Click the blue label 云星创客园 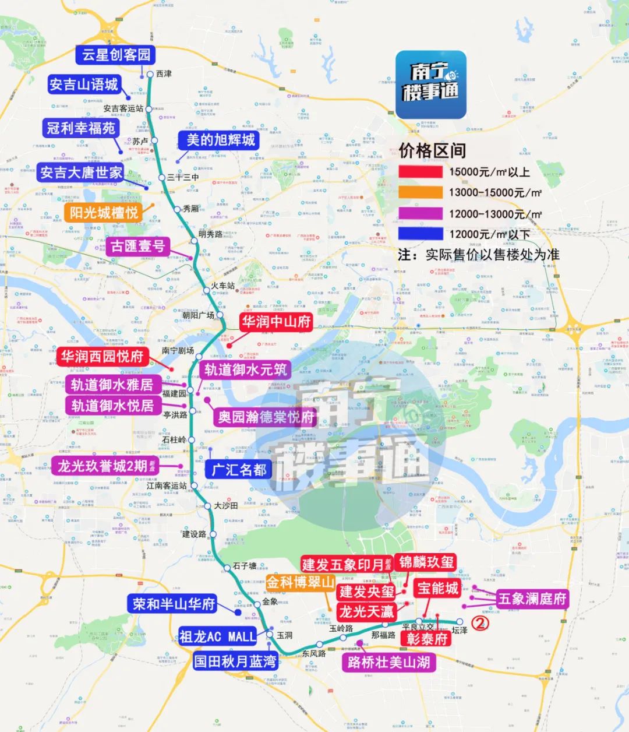tap(116, 55)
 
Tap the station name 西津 tap(164, 74)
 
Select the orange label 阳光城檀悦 tap(104, 213)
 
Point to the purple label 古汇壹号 tap(137, 246)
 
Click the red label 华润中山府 tap(277, 321)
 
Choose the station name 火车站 tap(222, 286)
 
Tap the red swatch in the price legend tap(420, 172)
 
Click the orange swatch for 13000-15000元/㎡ tap(420, 192)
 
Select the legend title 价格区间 tap(432, 150)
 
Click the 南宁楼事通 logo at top tap(430, 85)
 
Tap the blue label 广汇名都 tap(239, 469)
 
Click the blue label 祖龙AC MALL tap(217, 636)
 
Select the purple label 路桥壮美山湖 tap(388, 662)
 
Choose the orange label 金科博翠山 tap(301, 582)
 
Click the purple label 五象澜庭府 tap(532, 599)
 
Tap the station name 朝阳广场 tap(198, 315)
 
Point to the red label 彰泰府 tap(427, 639)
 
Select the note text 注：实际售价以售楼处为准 tap(479, 255)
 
